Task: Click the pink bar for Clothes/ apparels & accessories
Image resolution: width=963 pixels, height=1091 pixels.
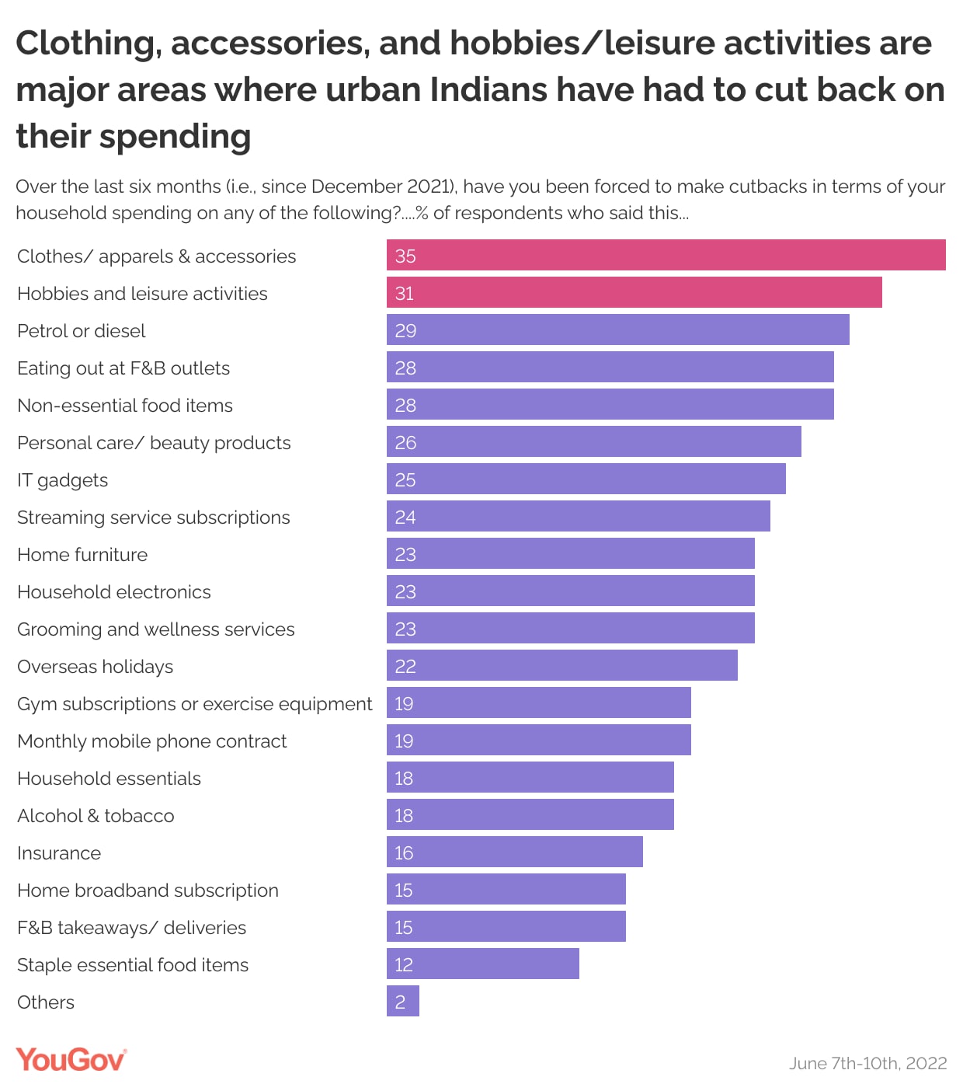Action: point(666,255)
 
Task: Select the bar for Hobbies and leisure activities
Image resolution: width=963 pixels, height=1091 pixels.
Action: point(634,292)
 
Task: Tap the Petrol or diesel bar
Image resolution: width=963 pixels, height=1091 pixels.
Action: point(617,329)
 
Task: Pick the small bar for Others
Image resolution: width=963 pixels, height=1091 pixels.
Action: point(403,1001)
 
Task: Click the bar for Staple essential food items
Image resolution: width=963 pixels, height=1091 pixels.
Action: point(482,964)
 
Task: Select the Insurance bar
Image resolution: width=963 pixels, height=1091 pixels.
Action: point(514,852)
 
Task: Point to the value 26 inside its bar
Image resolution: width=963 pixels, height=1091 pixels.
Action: point(405,443)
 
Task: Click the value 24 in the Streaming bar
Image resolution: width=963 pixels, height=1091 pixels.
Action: point(405,518)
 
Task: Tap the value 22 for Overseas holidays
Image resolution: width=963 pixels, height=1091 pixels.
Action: point(405,667)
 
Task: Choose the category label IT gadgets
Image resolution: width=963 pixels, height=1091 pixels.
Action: point(62,480)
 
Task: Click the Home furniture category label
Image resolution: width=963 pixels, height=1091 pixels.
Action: point(82,555)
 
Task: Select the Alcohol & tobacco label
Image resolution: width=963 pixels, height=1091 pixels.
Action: point(96,816)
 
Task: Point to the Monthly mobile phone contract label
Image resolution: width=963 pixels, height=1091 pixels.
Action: point(152,741)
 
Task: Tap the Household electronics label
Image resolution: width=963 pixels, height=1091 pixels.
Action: point(114,592)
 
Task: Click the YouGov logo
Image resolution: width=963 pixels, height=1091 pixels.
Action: point(71,1060)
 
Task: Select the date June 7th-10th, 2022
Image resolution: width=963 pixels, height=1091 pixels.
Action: point(867,1063)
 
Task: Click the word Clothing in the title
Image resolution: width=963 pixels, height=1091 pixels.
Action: point(88,44)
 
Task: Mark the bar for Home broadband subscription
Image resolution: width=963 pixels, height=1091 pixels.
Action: point(506,889)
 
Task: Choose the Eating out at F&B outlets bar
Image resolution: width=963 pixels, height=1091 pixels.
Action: point(610,367)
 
